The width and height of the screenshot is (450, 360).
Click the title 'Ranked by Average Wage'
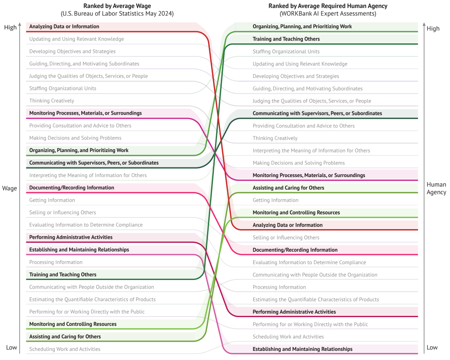(117, 6)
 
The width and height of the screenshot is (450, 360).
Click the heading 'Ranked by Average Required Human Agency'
(328, 6)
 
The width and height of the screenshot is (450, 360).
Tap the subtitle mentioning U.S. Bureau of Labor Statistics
(117, 13)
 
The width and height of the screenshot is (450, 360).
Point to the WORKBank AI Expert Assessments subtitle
(328, 13)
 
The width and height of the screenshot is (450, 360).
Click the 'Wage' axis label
(10, 188)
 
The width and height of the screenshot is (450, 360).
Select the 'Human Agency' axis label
(436, 188)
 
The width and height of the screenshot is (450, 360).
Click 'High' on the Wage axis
(10, 27)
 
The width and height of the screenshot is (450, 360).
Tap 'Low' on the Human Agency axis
(432, 347)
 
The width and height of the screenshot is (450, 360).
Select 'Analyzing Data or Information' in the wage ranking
(64, 26)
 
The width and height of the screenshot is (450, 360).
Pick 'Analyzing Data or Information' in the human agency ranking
(287, 225)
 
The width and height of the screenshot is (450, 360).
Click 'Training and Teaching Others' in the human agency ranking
(286, 39)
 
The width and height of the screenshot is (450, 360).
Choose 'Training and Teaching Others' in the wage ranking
(63, 275)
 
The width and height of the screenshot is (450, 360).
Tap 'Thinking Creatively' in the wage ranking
(52, 101)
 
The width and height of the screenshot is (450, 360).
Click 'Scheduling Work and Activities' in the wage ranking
(65, 349)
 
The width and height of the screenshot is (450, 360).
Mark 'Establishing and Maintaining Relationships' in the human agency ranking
(302, 349)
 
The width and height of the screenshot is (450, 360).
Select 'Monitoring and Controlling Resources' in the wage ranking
(73, 324)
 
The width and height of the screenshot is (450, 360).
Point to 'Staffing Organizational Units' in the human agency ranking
(286, 51)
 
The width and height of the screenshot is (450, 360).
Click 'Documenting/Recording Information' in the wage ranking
(72, 187)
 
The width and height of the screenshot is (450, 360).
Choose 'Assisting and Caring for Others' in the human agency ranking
(288, 188)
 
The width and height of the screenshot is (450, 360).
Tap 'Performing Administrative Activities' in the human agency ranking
(294, 312)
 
